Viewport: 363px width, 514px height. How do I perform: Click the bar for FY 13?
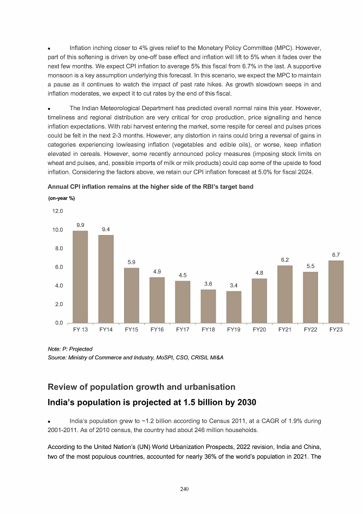click(80, 277)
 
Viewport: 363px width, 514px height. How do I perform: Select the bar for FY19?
click(234, 307)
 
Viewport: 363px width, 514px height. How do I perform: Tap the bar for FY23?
click(336, 292)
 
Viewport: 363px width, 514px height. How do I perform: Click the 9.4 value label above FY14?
click(106, 230)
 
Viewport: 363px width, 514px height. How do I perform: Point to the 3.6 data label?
click(208, 284)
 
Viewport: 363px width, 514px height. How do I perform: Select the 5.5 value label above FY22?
click(310, 266)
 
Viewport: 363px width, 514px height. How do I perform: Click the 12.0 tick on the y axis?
click(57, 211)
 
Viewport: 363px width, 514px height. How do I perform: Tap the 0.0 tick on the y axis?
click(59, 323)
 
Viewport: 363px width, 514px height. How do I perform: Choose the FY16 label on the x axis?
click(157, 330)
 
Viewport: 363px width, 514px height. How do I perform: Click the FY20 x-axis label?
click(260, 330)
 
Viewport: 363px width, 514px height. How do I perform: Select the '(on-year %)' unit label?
click(61, 198)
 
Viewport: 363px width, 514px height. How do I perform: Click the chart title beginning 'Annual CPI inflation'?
click(151, 187)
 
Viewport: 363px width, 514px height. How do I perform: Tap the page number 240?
click(184, 490)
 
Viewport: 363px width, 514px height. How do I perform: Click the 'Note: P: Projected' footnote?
click(70, 348)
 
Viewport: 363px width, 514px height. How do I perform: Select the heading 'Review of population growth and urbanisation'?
click(141, 387)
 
